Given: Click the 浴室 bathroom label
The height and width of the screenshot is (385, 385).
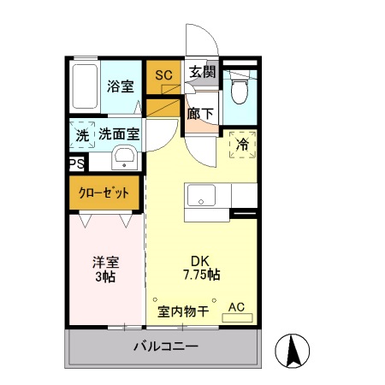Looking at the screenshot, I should (121, 86).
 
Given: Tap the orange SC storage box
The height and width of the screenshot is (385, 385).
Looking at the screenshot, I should (163, 75).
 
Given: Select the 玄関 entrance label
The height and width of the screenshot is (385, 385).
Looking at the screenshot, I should (203, 74).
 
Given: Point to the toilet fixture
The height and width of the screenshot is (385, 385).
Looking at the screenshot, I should (239, 88).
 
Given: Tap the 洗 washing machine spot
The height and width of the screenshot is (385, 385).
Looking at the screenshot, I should (81, 135).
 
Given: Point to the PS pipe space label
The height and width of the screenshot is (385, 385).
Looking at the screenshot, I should (75, 163).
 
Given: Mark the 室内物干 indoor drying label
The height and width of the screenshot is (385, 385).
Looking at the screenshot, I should (183, 311).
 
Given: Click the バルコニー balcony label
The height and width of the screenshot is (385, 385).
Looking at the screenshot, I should (165, 347).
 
